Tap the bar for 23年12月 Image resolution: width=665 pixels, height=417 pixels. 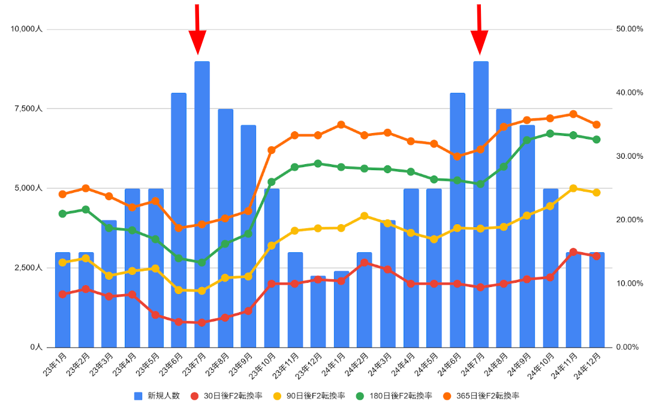318,312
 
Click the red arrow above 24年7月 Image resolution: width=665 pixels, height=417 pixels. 479,30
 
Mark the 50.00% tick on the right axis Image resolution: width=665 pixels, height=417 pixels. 630,29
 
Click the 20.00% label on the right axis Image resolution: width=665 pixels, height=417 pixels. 630,220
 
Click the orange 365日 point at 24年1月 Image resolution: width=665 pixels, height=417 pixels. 341,125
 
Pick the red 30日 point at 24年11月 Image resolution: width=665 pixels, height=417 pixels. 573,252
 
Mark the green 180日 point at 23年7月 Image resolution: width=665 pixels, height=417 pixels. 202,262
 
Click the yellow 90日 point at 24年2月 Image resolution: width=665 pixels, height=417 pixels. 364,216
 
